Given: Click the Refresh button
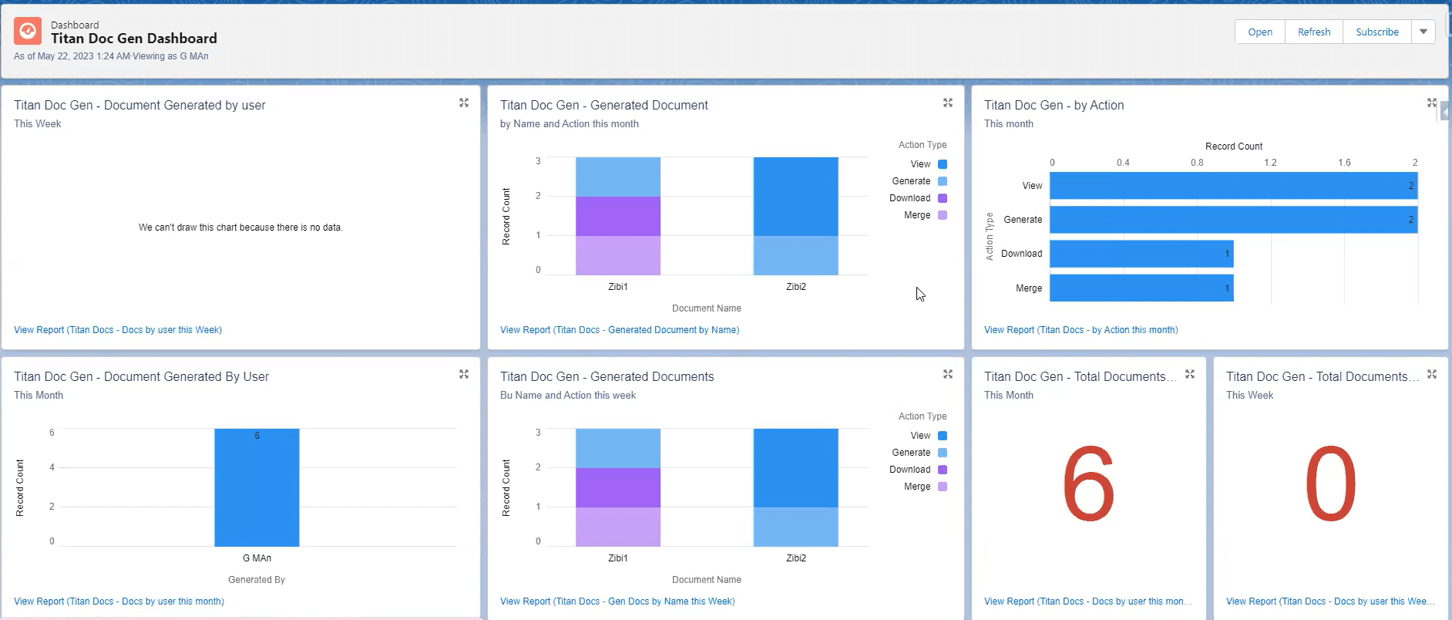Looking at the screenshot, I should click(1313, 32).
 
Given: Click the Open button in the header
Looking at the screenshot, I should click(1259, 32).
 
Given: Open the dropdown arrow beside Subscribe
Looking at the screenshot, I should click(1423, 32).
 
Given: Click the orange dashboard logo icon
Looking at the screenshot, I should click(28, 31).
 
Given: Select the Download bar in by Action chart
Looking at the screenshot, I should click(1141, 254).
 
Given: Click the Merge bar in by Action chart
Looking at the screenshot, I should click(1141, 288).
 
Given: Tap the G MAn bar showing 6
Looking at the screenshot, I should click(257, 487).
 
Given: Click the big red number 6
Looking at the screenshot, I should click(1087, 484).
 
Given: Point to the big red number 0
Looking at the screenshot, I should click(1330, 484).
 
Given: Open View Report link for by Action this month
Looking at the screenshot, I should click(1081, 330).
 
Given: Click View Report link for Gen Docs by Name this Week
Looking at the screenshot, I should click(617, 601).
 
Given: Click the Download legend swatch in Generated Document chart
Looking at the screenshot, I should click(942, 198).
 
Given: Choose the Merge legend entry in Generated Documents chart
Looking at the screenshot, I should click(917, 487).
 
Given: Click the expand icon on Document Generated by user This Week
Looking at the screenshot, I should click(464, 103).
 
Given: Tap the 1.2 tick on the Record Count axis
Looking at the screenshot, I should click(1270, 163).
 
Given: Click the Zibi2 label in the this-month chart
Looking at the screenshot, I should click(795, 287).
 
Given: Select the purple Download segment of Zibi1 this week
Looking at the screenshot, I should click(617, 487).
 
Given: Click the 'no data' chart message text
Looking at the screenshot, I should click(240, 227).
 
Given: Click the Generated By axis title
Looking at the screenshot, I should click(257, 580).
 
